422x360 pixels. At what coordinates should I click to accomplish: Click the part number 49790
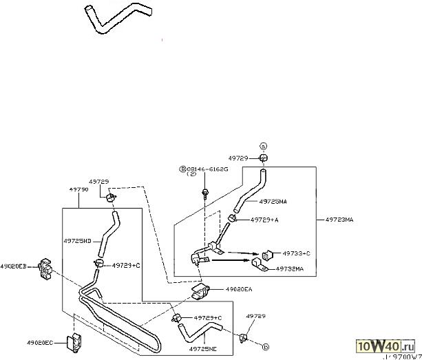coord(78,187)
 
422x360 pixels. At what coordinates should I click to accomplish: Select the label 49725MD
coord(77,241)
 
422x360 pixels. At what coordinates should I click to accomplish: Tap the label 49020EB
coord(13,266)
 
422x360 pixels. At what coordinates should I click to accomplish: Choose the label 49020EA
coord(239,290)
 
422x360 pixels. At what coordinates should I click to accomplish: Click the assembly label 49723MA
coord(339,220)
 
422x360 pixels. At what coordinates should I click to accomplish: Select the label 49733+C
coord(296,253)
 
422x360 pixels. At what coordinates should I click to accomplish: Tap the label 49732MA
coord(289,269)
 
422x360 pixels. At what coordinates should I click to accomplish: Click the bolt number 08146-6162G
coord(209,167)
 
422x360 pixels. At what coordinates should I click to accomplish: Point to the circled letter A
coord(262,146)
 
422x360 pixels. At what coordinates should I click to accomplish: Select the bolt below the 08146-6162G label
coord(205,194)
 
